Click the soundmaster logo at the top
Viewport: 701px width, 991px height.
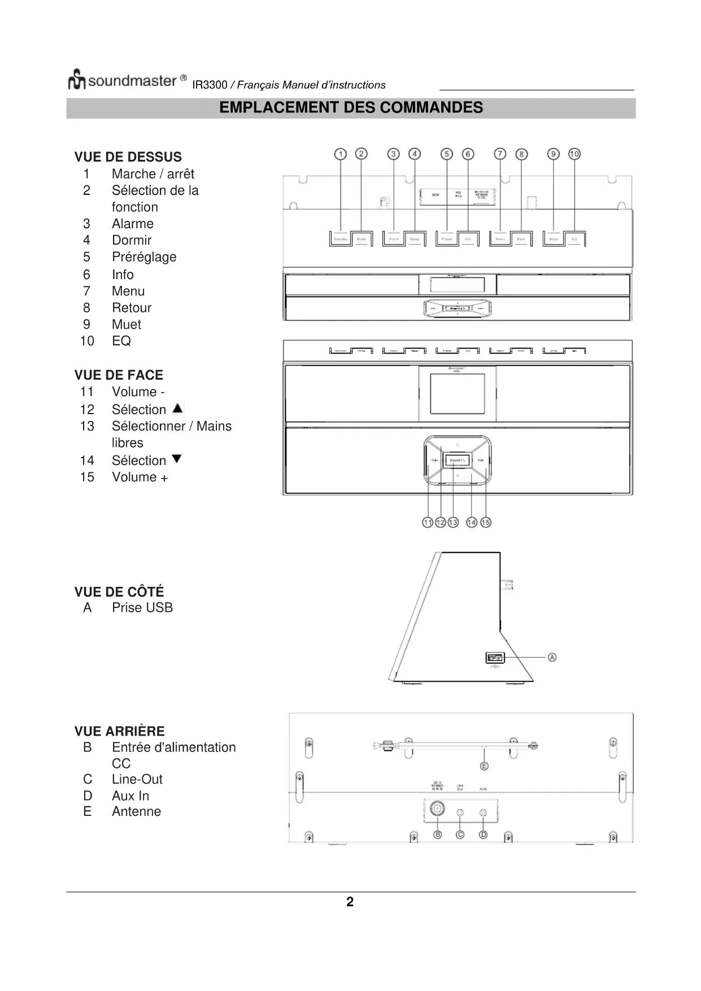[127, 80]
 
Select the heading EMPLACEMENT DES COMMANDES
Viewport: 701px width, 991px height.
[351, 108]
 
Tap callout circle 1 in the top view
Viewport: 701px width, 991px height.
[340, 154]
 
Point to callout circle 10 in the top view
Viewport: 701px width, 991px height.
[574, 154]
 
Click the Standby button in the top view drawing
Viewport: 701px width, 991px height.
[340, 239]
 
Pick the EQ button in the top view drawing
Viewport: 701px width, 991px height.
[574, 239]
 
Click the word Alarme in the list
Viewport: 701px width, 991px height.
[132, 224]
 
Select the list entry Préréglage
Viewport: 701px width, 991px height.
[144, 257]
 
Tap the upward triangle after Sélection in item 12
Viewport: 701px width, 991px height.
[177, 408]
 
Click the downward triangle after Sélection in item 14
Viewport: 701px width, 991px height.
[177, 459]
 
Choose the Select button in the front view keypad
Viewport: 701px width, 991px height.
[457, 460]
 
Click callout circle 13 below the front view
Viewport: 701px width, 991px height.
[453, 523]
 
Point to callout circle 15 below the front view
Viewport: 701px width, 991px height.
[486, 523]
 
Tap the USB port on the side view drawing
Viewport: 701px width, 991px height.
[494, 657]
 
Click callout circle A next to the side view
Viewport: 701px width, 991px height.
[552, 657]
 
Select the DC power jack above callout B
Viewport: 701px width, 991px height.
[437, 810]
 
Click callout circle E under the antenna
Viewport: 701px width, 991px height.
[484, 766]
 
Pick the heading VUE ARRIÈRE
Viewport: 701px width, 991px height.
[119, 731]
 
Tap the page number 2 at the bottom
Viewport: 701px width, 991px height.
[350, 902]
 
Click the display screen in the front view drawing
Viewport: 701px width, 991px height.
[457, 393]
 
